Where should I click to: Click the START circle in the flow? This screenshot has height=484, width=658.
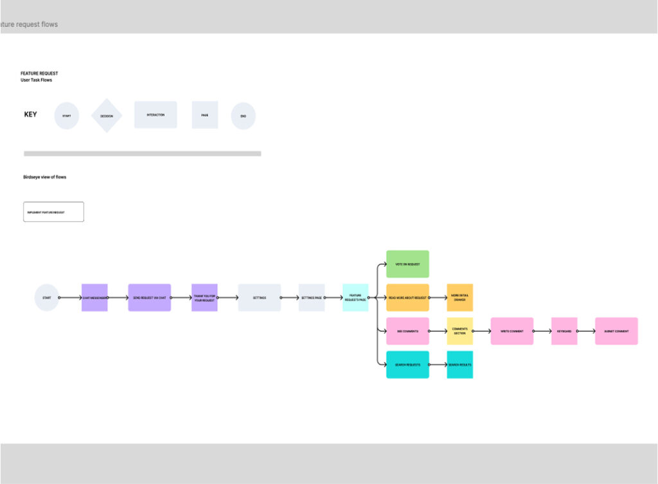click(x=47, y=298)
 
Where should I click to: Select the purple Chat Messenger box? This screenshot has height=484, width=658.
click(x=94, y=298)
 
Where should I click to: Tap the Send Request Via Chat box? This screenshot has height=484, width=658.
click(x=149, y=298)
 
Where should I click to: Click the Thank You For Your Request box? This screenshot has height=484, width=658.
click(x=204, y=298)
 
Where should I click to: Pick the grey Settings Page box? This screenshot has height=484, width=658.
click(x=312, y=298)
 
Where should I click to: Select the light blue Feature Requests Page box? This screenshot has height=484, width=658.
click(x=355, y=298)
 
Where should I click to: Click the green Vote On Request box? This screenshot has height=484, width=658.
click(x=407, y=264)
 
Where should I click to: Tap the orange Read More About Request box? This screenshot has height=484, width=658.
click(x=407, y=298)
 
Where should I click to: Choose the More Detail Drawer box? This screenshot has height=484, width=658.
click(x=460, y=298)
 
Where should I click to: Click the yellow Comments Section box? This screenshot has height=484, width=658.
click(x=460, y=331)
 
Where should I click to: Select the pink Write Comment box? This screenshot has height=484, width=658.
click(x=512, y=331)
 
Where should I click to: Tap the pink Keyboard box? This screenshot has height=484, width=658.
click(x=564, y=331)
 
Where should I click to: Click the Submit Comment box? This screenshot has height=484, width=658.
click(x=616, y=331)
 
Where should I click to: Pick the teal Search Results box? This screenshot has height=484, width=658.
click(x=460, y=365)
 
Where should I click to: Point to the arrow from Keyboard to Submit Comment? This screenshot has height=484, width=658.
click(x=586, y=331)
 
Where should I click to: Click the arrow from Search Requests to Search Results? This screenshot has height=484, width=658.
click(x=438, y=365)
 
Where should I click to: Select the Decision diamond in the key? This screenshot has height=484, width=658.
click(x=107, y=116)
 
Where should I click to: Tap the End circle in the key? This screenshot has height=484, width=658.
click(x=243, y=116)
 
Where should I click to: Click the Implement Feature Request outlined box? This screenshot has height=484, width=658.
click(x=53, y=212)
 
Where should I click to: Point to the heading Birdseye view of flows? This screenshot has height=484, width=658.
click(x=44, y=177)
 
